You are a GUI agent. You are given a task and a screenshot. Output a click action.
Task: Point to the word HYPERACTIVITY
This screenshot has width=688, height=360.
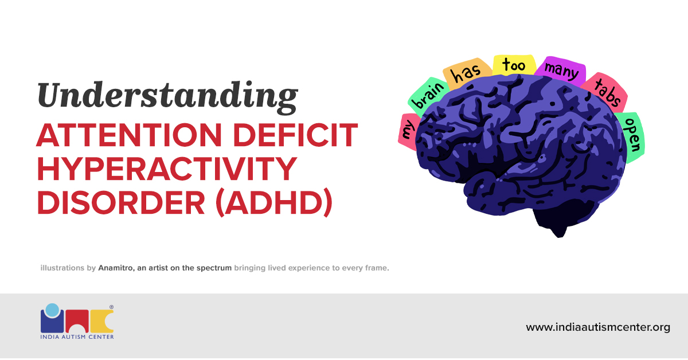[x=167, y=170]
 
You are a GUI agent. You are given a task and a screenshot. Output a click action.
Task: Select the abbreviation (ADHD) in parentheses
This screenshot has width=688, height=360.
[x=273, y=204]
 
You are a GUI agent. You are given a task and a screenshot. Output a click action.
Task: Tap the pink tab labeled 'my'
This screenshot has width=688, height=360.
[x=408, y=131]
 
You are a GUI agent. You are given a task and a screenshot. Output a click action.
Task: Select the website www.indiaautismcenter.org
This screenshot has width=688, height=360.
[x=598, y=328]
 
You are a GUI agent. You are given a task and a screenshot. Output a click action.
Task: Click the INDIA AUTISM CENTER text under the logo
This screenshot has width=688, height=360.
[x=77, y=337]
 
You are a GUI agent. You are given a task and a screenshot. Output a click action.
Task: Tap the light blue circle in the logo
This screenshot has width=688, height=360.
[x=52, y=310]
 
